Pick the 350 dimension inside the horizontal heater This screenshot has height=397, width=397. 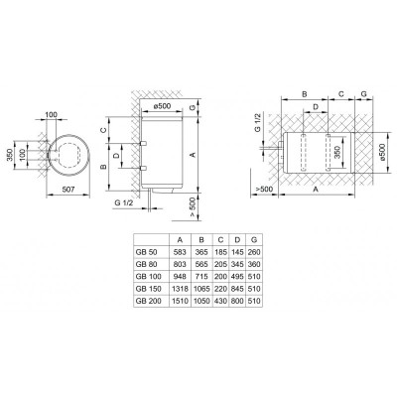pos(337,156)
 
